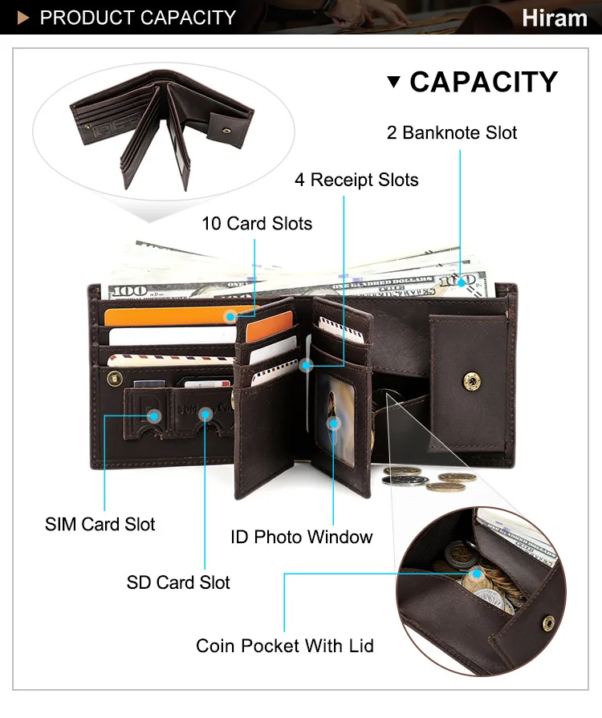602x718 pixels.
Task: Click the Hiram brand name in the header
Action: click(555, 18)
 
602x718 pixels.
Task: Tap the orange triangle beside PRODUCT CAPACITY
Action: click(23, 18)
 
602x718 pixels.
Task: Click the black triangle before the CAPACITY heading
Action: click(393, 82)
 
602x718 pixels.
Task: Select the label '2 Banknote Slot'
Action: click(452, 133)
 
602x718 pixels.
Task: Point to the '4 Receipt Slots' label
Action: click(356, 180)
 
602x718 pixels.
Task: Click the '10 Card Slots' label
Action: click(257, 224)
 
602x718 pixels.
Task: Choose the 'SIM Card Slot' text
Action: click(100, 525)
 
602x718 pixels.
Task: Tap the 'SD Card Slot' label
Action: click(178, 582)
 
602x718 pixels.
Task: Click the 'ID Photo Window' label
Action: click(302, 537)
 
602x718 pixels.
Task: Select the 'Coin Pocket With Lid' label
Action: click(285, 646)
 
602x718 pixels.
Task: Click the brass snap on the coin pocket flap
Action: click(471, 381)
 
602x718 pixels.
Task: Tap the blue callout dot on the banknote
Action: click(462, 283)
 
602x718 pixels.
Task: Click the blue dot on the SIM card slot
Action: click(154, 416)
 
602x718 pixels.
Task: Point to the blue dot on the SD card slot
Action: click(206, 415)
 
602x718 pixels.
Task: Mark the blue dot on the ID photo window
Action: click(334, 424)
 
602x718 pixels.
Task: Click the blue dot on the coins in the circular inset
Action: click(477, 574)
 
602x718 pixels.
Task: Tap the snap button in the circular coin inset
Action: click(548, 623)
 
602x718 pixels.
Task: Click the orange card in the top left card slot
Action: click(179, 316)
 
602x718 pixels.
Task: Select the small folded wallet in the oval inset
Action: click(161, 130)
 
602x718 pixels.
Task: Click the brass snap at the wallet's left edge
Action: click(115, 378)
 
